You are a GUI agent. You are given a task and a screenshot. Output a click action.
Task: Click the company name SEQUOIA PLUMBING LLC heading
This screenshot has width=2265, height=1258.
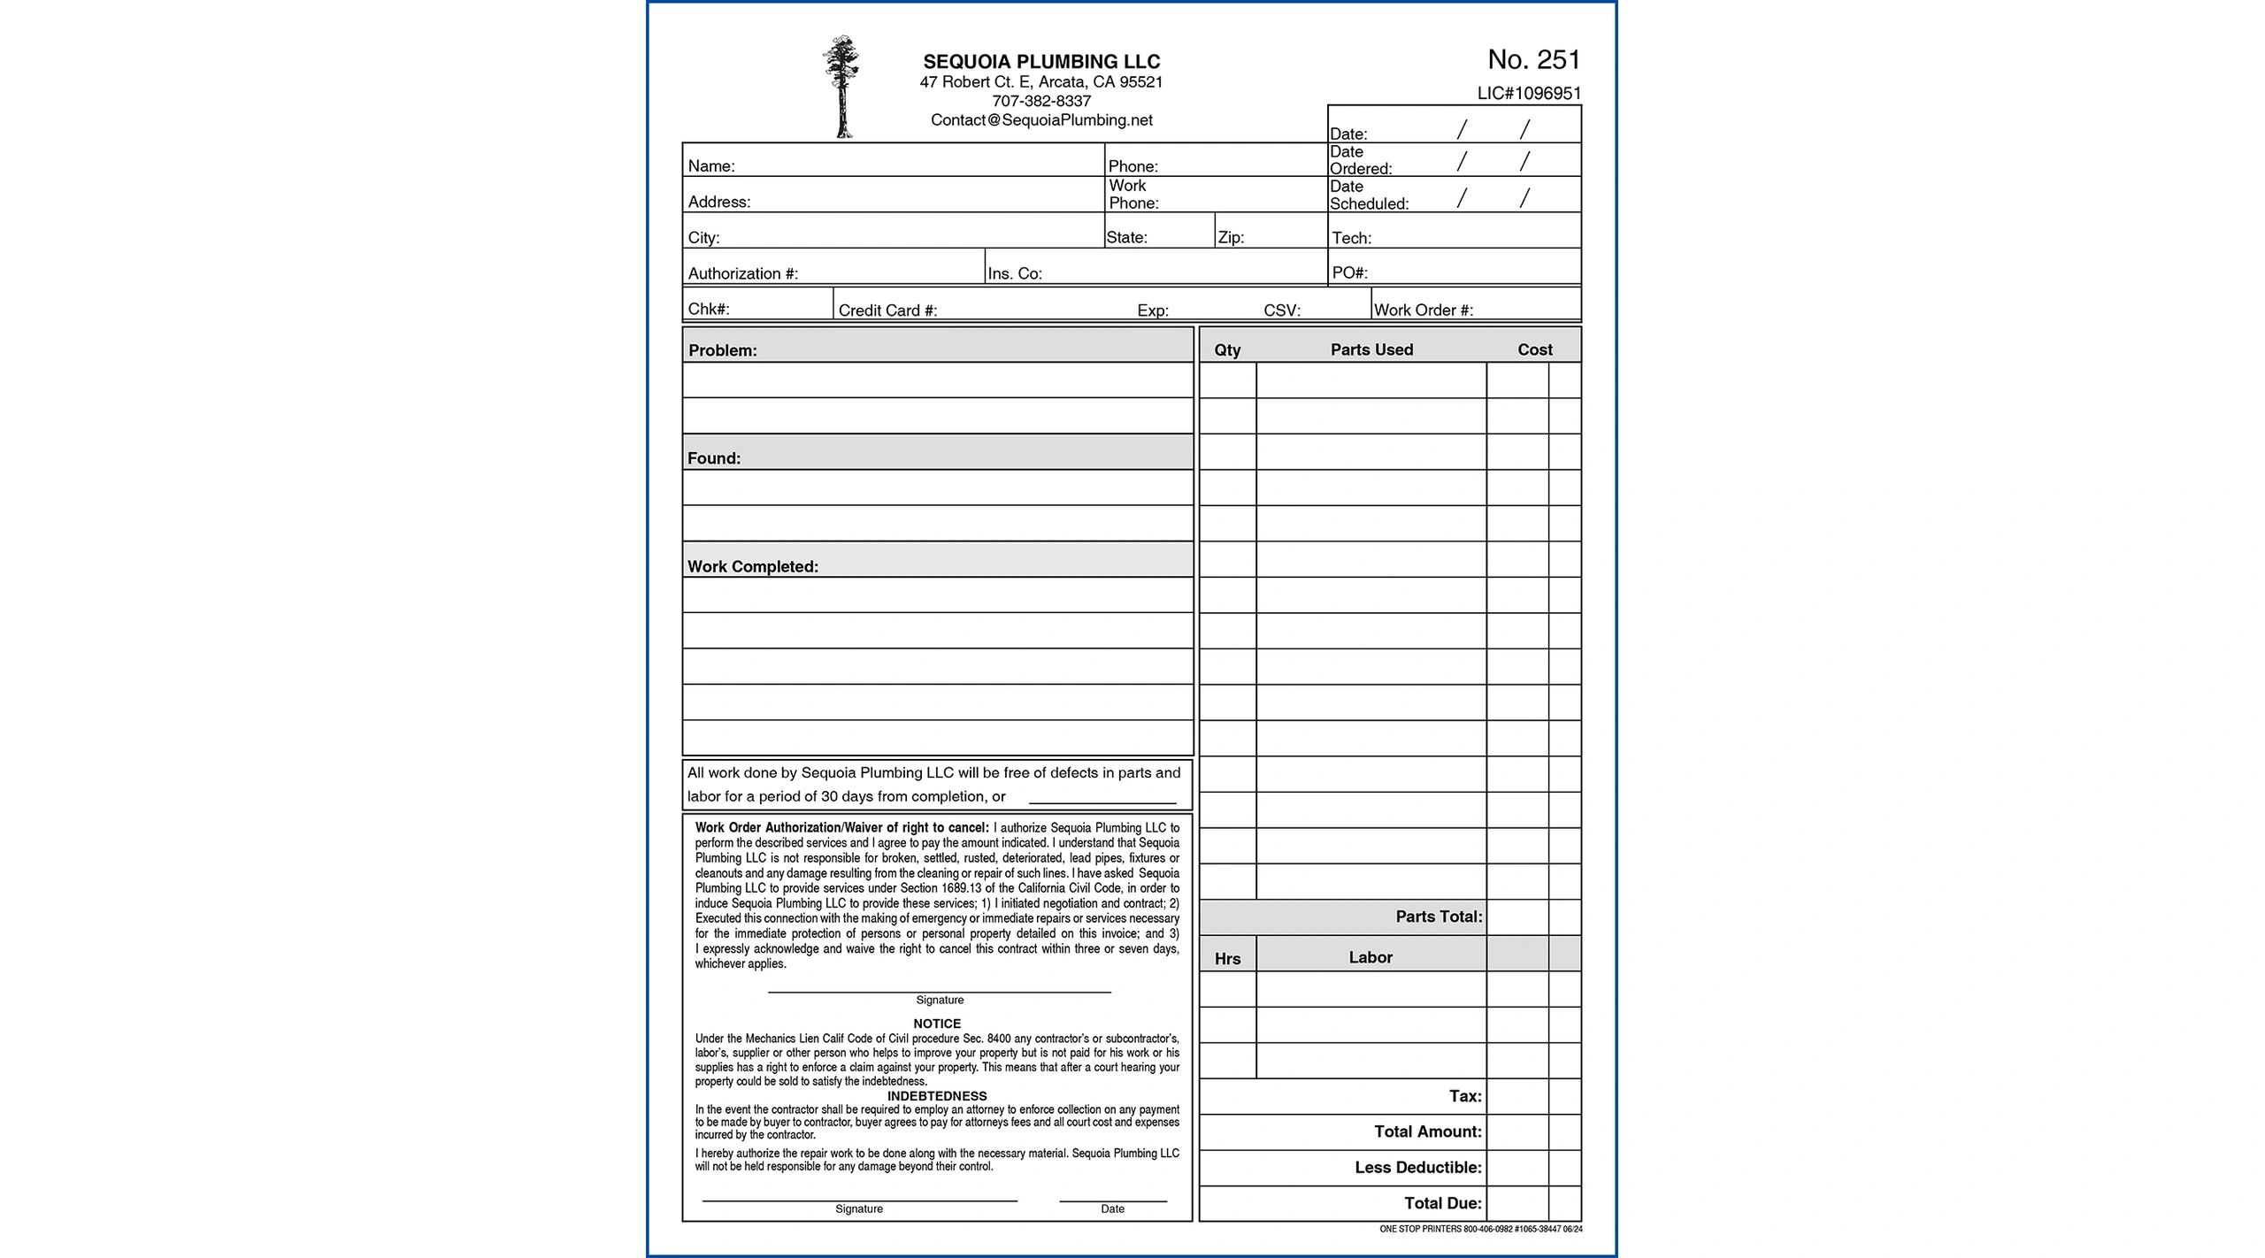click(x=1041, y=62)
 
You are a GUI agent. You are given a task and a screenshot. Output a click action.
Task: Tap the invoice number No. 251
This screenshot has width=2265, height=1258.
click(x=1533, y=59)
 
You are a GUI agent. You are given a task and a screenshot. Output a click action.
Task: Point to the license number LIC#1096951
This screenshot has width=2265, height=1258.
click(x=1529, y=93)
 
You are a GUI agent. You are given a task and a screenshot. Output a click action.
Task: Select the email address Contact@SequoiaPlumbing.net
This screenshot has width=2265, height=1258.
click(x=1041, y=120)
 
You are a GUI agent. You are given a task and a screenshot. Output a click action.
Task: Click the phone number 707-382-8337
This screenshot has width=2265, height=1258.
click(x=1041, y=101)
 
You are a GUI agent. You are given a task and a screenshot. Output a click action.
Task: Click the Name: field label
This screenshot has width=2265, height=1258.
click(x=711, y=166)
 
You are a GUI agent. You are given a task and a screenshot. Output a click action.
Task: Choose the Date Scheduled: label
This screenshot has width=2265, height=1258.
click(x=1368, y=196)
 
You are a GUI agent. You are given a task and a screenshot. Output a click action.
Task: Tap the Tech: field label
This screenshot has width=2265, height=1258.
click(x=1351, y=238)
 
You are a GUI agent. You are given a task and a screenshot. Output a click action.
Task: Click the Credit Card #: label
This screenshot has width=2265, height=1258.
click(x=887, y=311)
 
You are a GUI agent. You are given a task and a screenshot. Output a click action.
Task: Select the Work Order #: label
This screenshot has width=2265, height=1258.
click(x=1423, y=311)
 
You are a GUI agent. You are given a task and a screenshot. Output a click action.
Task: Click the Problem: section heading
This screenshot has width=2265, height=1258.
click(x=722, y=350)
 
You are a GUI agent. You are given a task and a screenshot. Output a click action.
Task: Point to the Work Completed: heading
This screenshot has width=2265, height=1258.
click(x=752, y=567)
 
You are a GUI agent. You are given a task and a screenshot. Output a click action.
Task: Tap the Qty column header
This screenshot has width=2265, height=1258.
click(x=1227, y=350)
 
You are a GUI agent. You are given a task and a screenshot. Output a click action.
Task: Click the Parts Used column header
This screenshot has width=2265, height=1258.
click(x=1371, y=349)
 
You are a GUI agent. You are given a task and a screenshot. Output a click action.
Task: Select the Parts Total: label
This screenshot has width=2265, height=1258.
click(x=1438, y=917)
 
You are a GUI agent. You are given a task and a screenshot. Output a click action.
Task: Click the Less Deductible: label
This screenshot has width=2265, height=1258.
click(x=1417, y=1168)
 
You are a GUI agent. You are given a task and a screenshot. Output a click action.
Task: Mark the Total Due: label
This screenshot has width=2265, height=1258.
click(x=1442, y=1203)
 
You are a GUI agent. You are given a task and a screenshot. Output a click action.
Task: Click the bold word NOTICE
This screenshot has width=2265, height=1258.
click(x=937, y=1024)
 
